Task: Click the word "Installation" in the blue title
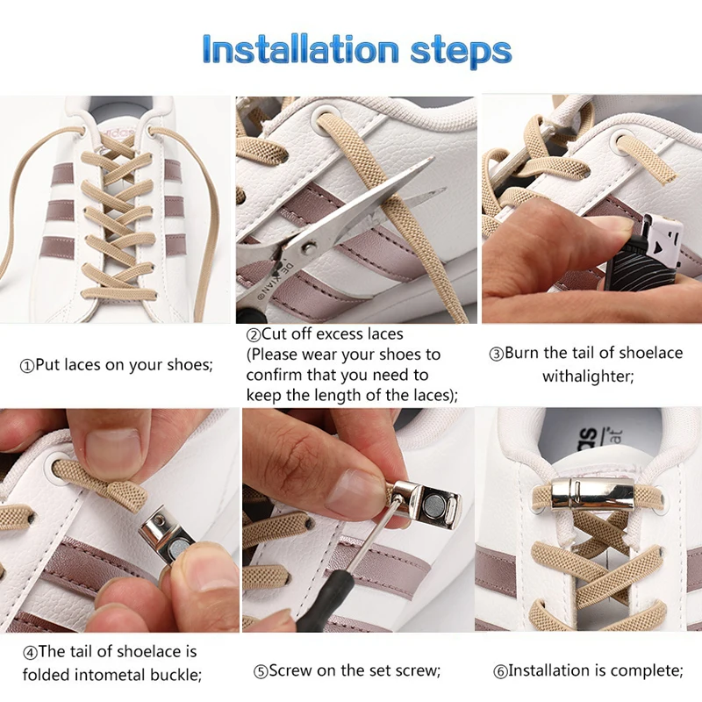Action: click(x=300, y=48)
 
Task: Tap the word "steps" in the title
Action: click(x=462, y=52)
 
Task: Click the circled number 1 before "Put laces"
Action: click(x=27, y=366)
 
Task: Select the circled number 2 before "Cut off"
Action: click(x=254, y=335)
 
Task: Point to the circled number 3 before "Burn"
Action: click(x=496, y=355)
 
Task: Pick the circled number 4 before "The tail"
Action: click(x=30, y=652)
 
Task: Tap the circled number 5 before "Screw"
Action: click(x=260, y=671)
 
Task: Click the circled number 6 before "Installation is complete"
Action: click(x=500, y=671)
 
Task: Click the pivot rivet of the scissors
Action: click(x=308, y=246)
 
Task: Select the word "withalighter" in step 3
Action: click(x=588, y=376)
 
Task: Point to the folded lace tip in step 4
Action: click(x=128, y=496)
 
